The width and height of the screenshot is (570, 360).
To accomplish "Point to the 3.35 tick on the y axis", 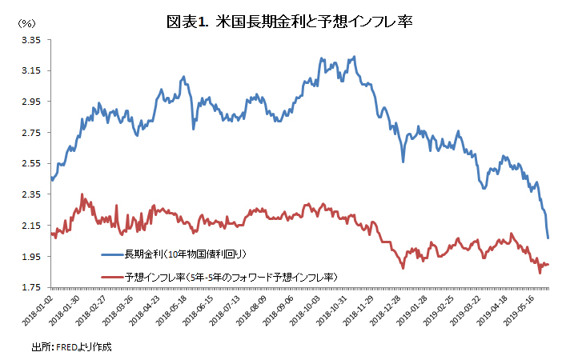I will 30,40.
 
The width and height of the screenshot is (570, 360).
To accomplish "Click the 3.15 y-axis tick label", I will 30,71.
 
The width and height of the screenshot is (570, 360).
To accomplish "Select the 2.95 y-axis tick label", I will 30,102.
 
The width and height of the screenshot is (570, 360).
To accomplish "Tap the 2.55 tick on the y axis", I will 30,163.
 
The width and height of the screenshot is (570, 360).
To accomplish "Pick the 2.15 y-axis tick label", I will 30,226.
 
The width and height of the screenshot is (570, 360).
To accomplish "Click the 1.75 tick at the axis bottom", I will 30,287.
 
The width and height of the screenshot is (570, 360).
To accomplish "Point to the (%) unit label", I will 26,24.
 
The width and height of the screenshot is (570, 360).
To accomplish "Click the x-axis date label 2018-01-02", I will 38,310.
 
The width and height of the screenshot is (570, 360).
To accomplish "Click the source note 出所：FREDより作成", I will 71,347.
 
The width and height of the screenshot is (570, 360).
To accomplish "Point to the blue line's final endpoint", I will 548,238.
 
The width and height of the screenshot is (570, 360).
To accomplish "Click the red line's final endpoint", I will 548,264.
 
